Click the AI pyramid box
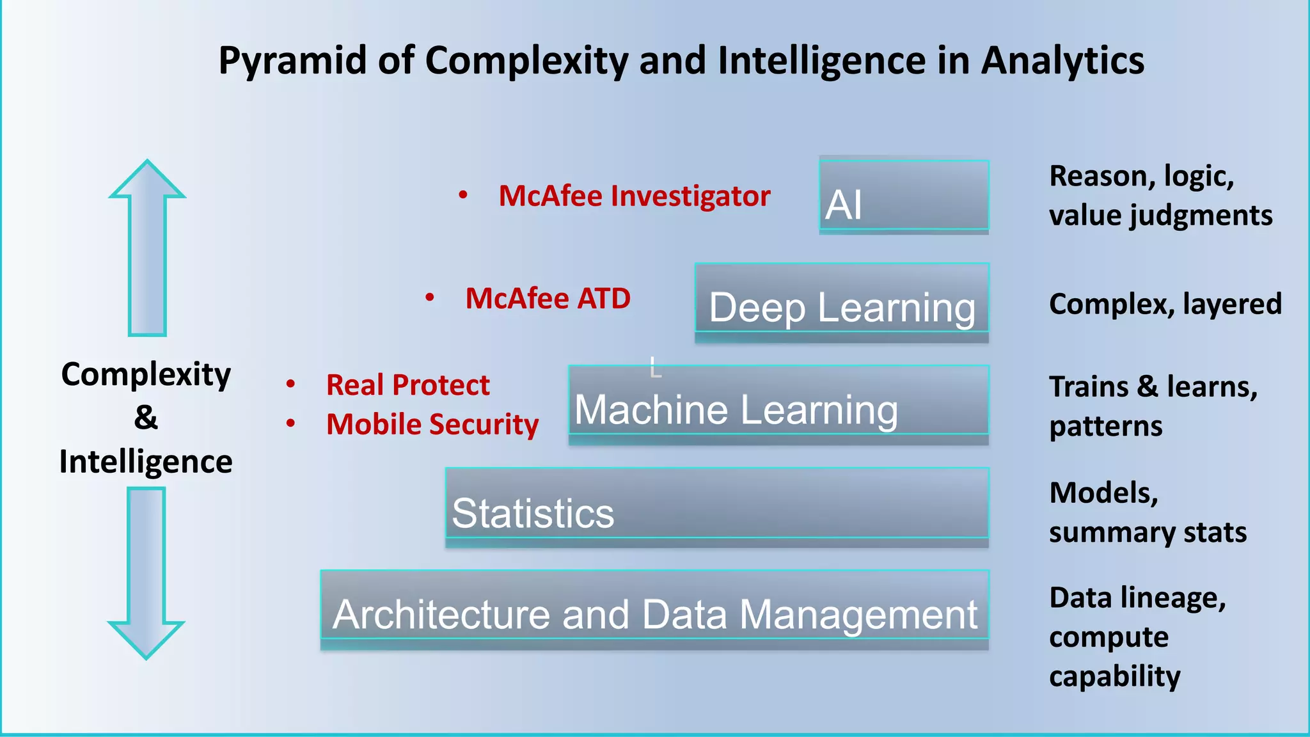pyautogui.click(x=904, y=195)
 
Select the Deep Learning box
pyautogui.click(x=842, y=303)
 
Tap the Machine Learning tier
pyautogui.click(x=778, y=405)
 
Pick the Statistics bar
pyautogui.click(x=717, y=507)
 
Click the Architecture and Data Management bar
pyautogui.click(x=654, y=610)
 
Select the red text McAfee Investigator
pyautogui.click(x=634, y=196)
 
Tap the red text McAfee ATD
pyautogui.click(x=548, y=298)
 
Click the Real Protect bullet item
pyautogui.click(x=407, y=384)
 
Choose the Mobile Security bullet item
pyautogui.click(x=432, y=424)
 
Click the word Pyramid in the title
pyautogui.click(x=292, y=61)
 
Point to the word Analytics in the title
pyautogui.click(x=1062, y=61)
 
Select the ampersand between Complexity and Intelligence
pyautogui.click(x=146, y=417)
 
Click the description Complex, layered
pyautogui.click(x=1165, y=303)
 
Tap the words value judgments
pyautogui.click(x=1160, y=216)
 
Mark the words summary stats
pyautogui.click(x=1148, y=532)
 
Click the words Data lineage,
pyautogui.click(x=1137, y=598)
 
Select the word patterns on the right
pyautogui.click(x=1105, y=426)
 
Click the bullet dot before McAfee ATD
pyautogui.click(x=430, y=297)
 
